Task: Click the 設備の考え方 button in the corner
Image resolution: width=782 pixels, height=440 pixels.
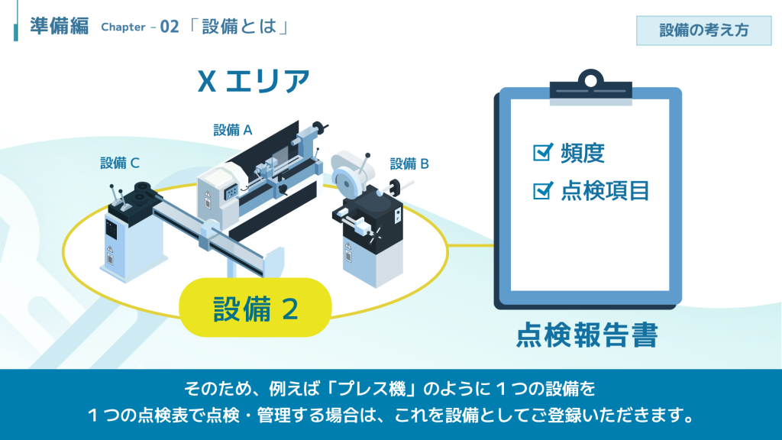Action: (703, 31)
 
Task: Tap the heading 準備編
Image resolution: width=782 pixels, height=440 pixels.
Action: (60, 26)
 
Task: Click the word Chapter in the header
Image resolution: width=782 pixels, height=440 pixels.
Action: (123, 27)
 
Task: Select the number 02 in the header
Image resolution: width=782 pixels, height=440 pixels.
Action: (170, 27)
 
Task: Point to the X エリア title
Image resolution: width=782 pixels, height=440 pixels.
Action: (254, 81)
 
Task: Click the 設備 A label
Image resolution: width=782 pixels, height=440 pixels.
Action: (233, 130)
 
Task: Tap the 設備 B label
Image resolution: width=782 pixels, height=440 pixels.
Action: (409, 163)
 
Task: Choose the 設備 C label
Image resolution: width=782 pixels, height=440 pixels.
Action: (120, 163)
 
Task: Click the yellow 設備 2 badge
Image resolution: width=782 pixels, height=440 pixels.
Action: (255, 307)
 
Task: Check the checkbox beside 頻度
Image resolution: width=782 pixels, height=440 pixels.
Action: (543, 152)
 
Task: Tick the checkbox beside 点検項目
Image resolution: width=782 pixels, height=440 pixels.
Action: (543, 190)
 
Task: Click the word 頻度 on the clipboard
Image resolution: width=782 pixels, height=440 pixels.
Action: (583, 153)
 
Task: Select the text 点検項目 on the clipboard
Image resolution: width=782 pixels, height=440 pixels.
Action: (605, 190)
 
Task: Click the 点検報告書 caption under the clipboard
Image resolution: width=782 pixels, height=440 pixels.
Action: (587, 335)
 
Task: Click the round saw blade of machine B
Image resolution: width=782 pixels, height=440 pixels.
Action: (346, 183)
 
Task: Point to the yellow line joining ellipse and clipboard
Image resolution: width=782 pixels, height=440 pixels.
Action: (471, 245)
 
